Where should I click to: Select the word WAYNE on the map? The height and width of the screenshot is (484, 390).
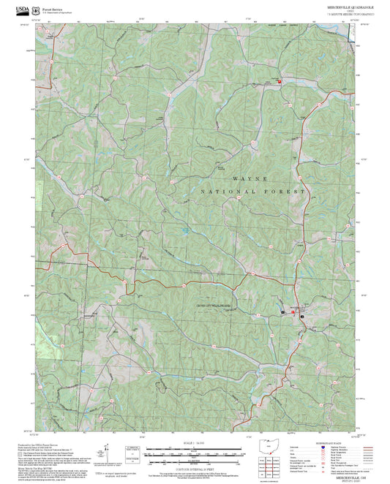250,178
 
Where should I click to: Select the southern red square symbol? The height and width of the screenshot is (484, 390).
293,313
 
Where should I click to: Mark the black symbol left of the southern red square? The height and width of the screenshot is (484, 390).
283,313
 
